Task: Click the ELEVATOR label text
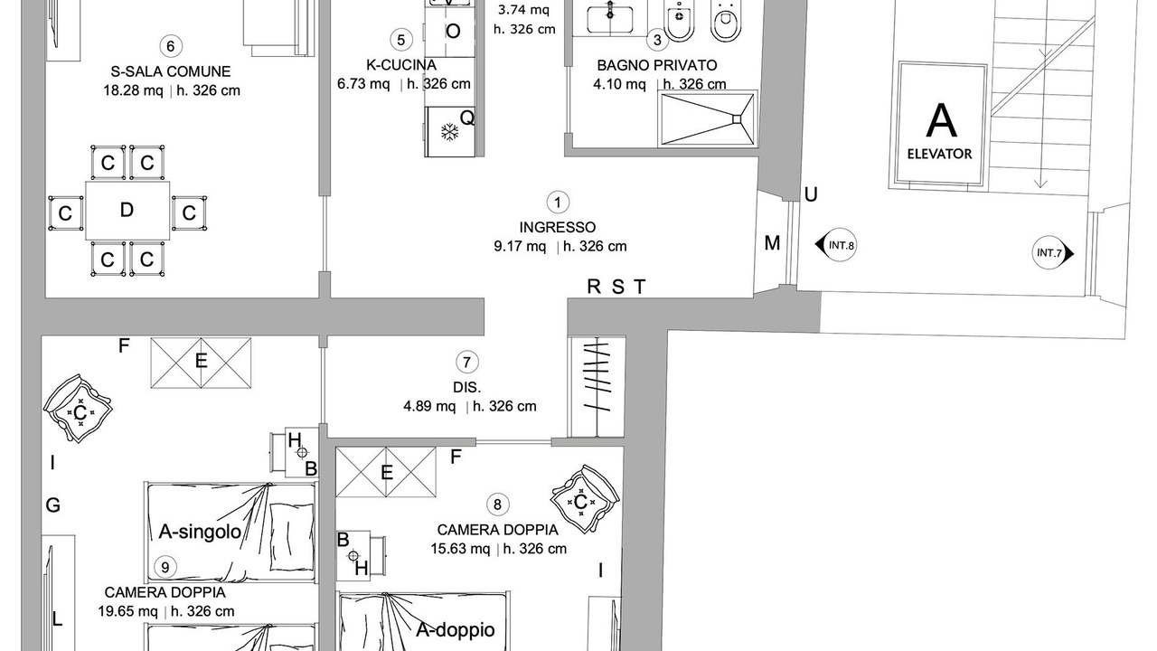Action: pos(939,154)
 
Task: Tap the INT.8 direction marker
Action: pos(836,245)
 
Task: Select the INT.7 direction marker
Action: pos(1053,253)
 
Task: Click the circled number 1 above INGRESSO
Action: pos(558,203)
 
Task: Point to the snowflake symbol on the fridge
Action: pos(450,132)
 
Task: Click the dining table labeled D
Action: pos(127,211)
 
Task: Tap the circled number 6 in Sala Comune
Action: pos(171,46)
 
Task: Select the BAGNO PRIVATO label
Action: pos(657,66)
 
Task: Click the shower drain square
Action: pos(737,119)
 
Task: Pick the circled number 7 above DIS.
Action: pos(467,363)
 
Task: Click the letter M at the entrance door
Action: pos(772,243)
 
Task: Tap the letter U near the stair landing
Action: pos(811,194)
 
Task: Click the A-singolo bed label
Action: pos(200,532)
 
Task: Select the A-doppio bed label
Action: pos(456,630)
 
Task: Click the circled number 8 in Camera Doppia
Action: pos(497,505)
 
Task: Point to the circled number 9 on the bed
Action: pos(165,567)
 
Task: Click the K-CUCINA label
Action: pos(401,65)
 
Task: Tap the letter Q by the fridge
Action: pos(467,118)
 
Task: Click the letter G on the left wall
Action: pos(53,505)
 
